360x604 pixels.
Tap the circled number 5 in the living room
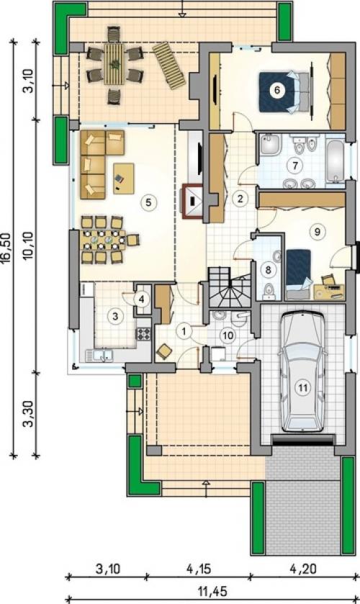coord(148,202)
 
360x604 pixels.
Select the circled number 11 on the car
coord(303,387)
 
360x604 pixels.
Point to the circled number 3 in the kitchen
coord(114,316)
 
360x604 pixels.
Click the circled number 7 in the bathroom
coord(295,166)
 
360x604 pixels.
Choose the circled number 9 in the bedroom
coord(318,232)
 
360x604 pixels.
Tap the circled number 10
coord(228,335)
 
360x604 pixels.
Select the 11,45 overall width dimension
coord(212,590)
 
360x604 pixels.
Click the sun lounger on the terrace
coord(170,66)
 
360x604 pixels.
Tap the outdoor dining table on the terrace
coord(114,64)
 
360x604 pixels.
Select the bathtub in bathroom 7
coord(335,162)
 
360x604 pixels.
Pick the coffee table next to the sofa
coord(124,179)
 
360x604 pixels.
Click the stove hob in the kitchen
coord(143,333)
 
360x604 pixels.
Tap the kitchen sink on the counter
coord(99,355)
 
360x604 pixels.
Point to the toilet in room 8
coord(269,290)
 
